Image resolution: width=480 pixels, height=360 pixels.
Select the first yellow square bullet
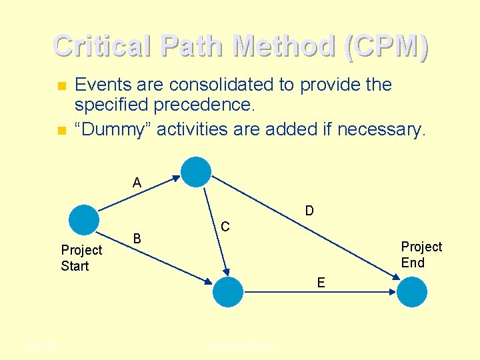(61, 86)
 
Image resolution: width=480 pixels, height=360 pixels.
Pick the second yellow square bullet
(61, 130)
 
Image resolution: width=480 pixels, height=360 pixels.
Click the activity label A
(137, 182)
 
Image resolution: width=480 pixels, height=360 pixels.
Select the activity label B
(137, 238)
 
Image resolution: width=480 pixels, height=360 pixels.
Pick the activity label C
(225, 227)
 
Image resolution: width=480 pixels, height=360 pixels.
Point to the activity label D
(309, 211)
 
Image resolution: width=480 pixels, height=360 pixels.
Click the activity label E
(321, 283)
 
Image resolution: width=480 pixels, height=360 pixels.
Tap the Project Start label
(81, 258)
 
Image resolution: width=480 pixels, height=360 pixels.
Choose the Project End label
(421, 255)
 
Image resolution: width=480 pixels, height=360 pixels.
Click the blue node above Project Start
(85, 219)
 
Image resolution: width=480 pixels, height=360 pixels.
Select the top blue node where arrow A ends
(196, 172)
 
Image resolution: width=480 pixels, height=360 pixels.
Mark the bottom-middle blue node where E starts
(229, 291)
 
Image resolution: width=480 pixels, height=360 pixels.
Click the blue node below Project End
(412, 291)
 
